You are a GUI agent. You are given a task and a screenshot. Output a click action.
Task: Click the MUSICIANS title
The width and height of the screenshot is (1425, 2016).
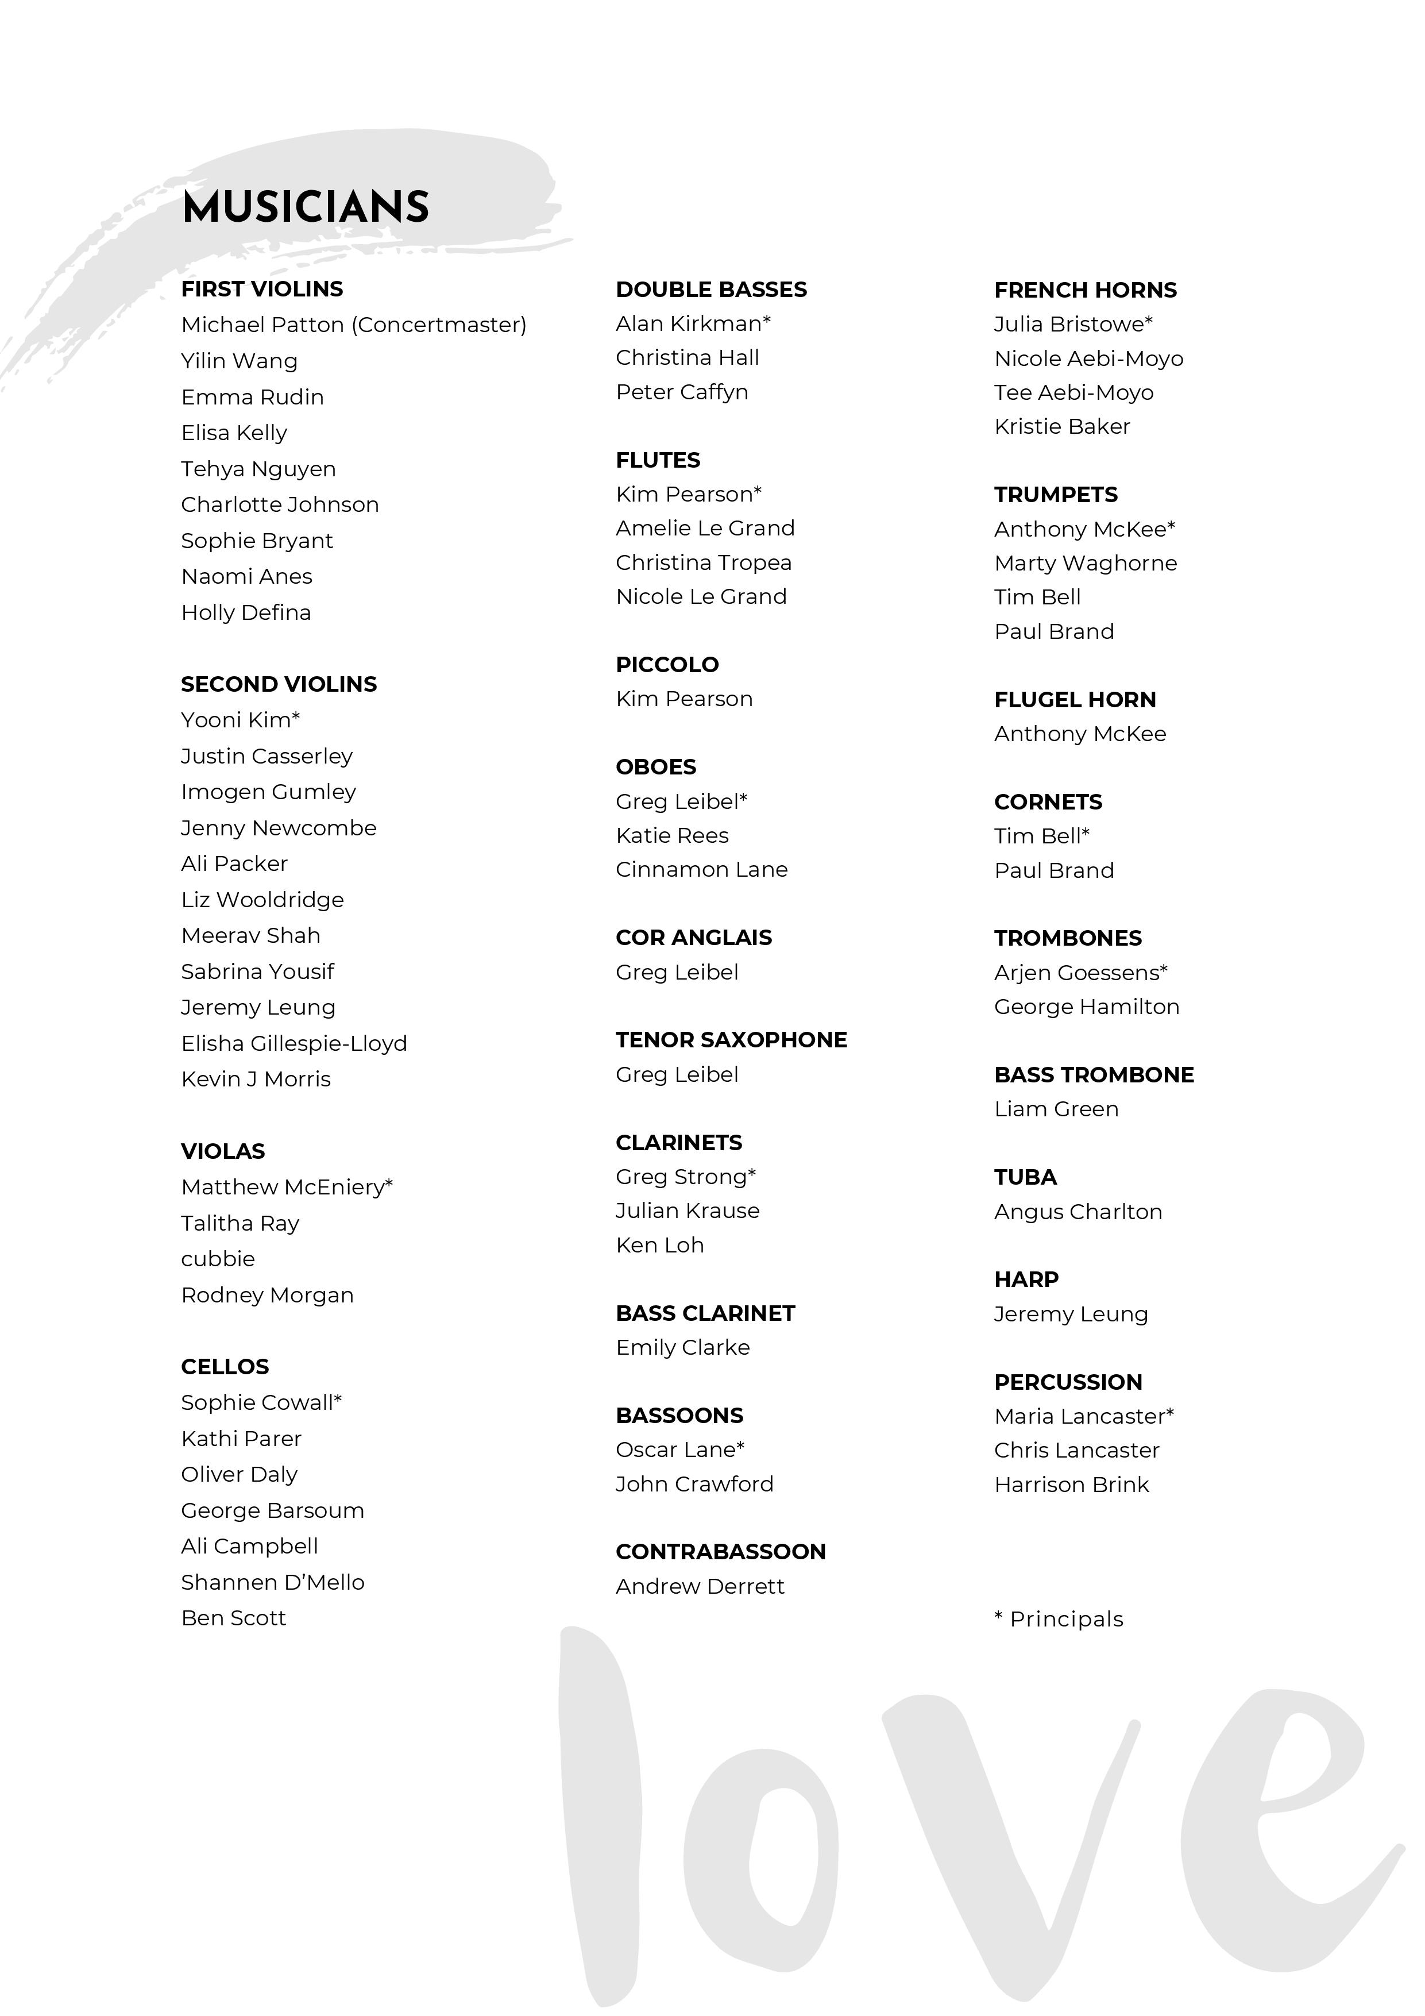[306, 207]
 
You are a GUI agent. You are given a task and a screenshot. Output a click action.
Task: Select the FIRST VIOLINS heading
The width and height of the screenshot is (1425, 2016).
[262, 289]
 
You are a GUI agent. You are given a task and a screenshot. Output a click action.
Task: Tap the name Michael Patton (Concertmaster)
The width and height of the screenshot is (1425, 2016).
[353, 325]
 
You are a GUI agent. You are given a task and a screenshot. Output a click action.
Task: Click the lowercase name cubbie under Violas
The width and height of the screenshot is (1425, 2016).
[218, 1259]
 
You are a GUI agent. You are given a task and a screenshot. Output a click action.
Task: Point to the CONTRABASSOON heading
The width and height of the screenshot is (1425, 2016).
[720, 1552]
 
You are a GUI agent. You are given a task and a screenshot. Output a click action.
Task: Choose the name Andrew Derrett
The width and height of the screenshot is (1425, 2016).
[700, 1587]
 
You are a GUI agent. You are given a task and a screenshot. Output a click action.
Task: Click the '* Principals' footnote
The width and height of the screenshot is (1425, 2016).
[1058, 1619]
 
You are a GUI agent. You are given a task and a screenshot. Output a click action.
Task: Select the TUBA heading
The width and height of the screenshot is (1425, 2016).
[1025, 1177]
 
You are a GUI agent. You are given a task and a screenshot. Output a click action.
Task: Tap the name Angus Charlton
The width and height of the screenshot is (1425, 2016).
[1078, 1212]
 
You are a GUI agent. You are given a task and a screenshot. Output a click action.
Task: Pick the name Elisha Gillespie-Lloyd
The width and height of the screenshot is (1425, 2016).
[294, 1043]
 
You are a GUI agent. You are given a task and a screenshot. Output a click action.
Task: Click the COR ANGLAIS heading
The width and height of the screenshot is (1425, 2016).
[694, 938]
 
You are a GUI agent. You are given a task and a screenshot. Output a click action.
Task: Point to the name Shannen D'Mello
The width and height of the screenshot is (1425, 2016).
[272, 1582]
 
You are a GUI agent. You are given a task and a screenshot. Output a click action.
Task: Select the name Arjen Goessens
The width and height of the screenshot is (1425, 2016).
[1079, 973]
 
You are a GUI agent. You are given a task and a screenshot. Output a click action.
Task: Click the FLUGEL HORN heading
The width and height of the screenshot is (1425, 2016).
[1075, 700]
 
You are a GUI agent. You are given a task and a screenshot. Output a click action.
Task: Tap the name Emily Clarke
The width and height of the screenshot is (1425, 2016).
[682, 1348]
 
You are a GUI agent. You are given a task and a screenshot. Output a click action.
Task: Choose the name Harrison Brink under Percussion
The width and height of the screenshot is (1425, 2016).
[1071, 1485]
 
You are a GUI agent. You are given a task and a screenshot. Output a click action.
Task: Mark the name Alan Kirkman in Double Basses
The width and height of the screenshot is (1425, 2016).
[692, 324]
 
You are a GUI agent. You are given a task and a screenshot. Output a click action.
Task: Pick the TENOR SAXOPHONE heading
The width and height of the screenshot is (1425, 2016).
[731, 1040]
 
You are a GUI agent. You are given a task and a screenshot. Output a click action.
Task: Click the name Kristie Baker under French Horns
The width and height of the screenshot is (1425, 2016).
[1061, 427]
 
